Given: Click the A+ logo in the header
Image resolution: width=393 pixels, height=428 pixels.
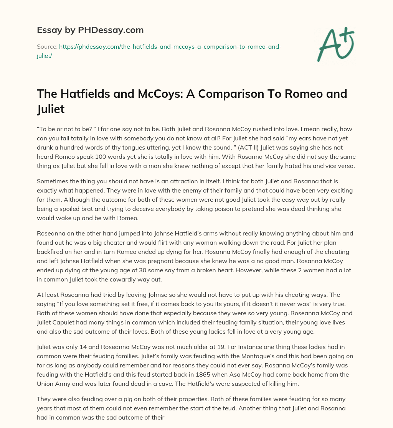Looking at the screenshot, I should [x=335, y=44].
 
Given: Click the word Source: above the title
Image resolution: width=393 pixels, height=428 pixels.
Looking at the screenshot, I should [x=47, y=46].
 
